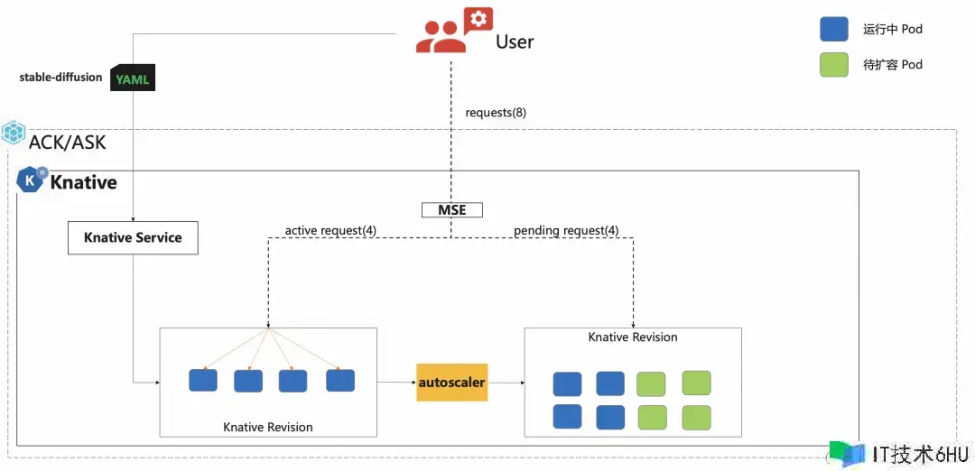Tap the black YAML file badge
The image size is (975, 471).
133,78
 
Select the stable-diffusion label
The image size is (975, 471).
60,78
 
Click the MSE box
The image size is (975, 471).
452,210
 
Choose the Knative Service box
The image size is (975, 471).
133,237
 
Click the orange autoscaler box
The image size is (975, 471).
452,382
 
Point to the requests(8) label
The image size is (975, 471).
497,113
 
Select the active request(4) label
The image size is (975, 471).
330,230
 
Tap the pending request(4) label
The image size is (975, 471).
566,230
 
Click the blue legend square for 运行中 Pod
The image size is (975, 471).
834,29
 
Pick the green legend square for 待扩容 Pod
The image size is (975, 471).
834,64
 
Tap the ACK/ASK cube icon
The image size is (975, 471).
13,133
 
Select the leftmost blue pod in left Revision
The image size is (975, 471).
203,380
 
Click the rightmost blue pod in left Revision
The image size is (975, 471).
340,380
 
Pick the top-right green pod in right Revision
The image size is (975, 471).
696,383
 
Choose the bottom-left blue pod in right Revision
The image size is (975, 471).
567,416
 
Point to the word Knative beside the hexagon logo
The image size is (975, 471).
83,182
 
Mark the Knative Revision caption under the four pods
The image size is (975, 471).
268,427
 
